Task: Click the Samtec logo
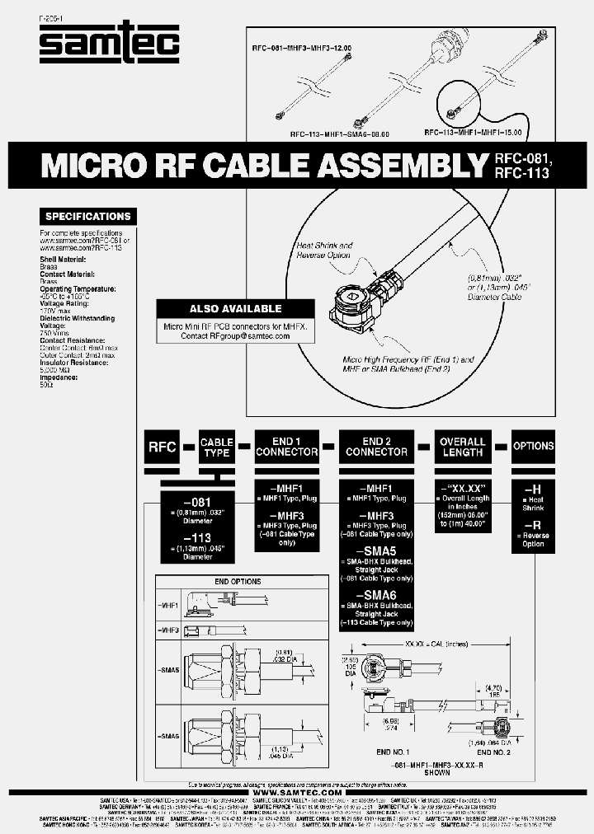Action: pos(109,43)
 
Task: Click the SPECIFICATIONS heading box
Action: pos(87,217)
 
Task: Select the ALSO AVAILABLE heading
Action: pos(235,309)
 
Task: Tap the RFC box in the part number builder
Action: pos(162,447)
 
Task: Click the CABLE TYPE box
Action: pos(217,447)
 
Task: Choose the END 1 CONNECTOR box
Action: pos(286,447)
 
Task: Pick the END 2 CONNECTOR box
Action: pos(376,447)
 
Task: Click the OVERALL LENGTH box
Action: pos(463,447)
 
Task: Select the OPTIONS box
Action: pos(533,446)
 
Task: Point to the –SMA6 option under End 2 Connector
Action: pos(376,595)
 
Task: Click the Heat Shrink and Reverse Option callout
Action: pos(323,250)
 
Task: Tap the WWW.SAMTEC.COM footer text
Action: pos(297,792)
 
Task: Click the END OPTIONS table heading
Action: pos(238,582)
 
